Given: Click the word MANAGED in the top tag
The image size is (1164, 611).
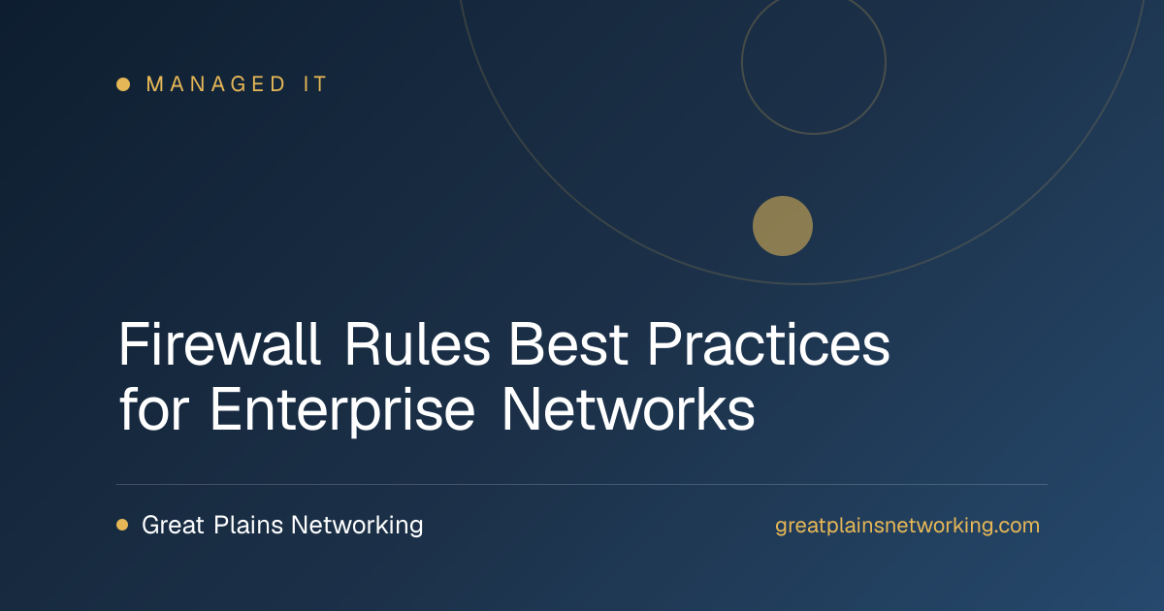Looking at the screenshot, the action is (x=215, y=84).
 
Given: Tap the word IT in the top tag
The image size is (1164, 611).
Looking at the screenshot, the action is (x=315, y=84).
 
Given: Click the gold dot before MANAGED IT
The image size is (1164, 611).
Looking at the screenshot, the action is (x=123, y=84).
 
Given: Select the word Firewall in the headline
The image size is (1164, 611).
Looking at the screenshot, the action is (x=219, y=344).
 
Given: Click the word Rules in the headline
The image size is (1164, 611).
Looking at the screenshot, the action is (x=418, y=344).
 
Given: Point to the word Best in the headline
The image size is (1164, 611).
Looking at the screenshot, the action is (x=568, y=344).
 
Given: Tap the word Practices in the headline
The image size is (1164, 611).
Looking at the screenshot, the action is (x=768, y=344).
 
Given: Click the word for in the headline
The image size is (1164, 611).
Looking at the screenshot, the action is (x=154, y=409).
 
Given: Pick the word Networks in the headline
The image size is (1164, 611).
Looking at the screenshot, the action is (x=629, y=409).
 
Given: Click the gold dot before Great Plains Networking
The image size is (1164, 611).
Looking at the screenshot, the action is (x=122, y=525).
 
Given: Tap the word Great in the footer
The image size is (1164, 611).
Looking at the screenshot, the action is (x=173, y=525).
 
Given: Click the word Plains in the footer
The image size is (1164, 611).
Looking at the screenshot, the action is (x=248, y=525).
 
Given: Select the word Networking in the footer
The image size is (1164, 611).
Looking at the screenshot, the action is (x=357, y=526).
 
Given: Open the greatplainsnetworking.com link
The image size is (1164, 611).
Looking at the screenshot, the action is (x=907, y=526).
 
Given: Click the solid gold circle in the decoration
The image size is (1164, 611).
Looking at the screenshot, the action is (x=783, y=226).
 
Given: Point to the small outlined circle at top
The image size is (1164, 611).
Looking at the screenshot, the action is (x=741, y=62).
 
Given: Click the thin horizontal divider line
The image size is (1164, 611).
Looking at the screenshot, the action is (x=582, y=484).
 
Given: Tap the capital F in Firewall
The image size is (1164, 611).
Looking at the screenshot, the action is (x=133, y=344).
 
